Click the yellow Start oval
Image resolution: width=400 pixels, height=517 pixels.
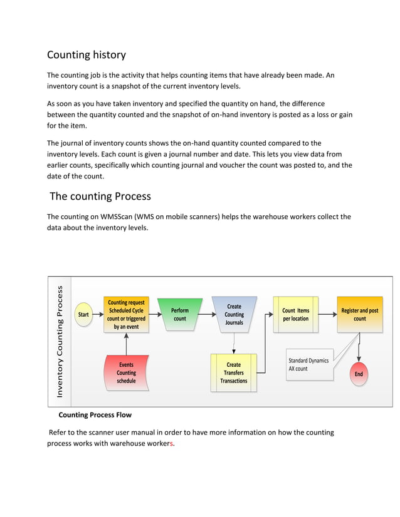click(x=83, y=314)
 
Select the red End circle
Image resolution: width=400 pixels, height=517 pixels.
click(x=359, y=374)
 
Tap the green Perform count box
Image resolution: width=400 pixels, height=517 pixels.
click(x=179, y=314)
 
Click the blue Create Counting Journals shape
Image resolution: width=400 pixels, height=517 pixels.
click(x=234, y=314)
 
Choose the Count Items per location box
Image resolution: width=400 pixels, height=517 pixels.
click(x=295, y=314)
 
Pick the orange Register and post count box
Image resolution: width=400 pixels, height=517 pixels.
click(x=359, y=314)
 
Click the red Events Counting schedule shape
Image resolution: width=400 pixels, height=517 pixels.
click(x=126, y=372)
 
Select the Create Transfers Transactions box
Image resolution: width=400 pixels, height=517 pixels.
click(x=234, y=372)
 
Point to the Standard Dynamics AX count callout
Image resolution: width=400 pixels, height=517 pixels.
click(x=308, y=364)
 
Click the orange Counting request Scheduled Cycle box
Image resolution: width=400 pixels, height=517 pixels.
click(x=126, y=314)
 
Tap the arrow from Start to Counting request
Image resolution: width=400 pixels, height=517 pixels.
click(x=98, y=314)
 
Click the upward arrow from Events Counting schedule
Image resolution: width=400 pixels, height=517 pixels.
click(x=127, y=343)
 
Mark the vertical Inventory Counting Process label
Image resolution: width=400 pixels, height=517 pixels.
click(x=60, y=342)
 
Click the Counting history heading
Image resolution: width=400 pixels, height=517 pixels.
click(x=87, y=54)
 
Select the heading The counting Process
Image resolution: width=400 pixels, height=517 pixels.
click(x=100, y=196)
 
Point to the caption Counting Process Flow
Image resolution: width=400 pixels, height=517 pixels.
click(x=95, y=415)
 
